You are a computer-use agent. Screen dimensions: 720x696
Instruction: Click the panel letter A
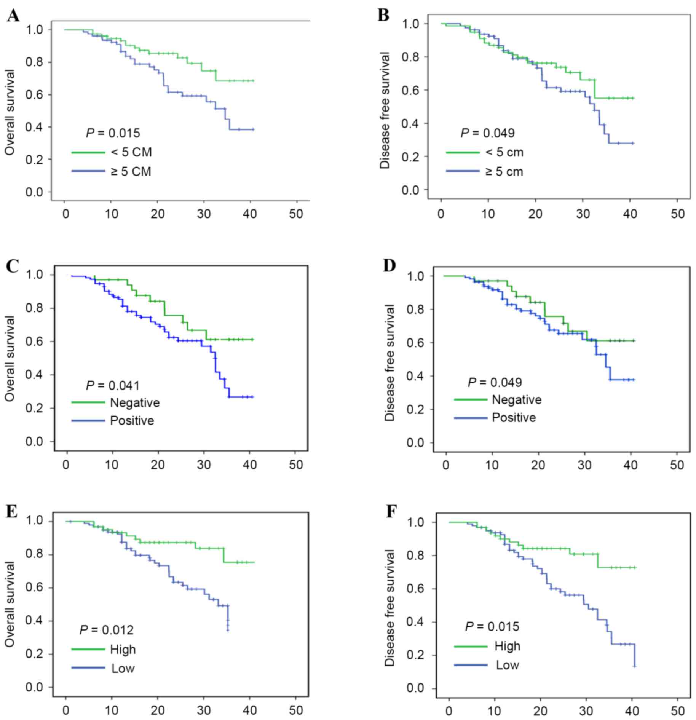(13, 16)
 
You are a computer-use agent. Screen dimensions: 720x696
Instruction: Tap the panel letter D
(389, 265)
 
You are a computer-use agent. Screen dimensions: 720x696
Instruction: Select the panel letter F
(391, 512)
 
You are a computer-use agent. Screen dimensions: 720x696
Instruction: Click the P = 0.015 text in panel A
(113, 133)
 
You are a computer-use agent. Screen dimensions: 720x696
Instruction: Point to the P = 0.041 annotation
(113, 385)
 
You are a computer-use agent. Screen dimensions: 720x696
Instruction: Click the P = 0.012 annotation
(106, 630)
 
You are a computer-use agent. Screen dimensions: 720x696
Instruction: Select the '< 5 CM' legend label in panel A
(131, 152)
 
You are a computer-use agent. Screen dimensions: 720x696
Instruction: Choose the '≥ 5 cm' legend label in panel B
(504, 172)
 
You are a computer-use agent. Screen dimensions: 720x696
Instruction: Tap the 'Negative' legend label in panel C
(135, 402)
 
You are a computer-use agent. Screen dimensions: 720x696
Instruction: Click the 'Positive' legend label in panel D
(514, 418)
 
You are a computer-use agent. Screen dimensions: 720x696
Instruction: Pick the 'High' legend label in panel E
(123, 649)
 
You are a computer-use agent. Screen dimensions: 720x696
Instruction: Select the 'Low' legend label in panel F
(507, 665)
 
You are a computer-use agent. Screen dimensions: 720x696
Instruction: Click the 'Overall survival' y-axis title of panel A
(10, 112)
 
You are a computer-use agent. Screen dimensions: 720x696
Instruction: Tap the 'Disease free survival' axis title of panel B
(385, 110)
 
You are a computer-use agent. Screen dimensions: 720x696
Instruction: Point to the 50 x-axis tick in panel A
(296, 214)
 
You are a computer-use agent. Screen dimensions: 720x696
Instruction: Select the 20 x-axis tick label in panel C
(157, 465)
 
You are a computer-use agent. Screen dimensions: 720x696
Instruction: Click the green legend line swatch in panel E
(88, 649)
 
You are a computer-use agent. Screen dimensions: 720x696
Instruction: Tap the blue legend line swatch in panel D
(470, 418)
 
